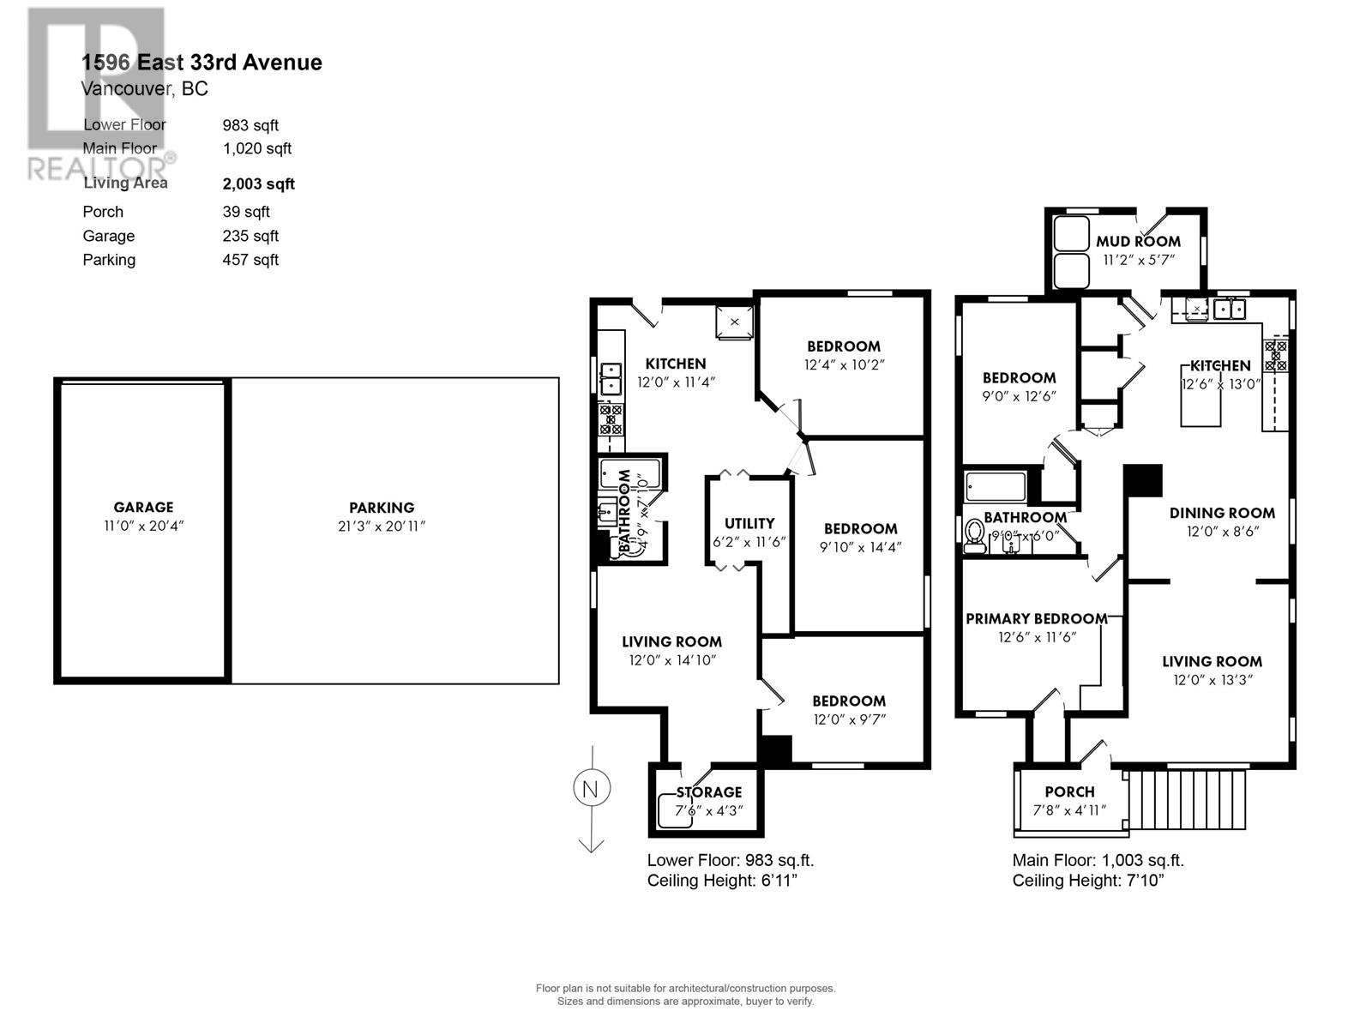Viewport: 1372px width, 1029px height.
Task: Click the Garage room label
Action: (x=143, y=507)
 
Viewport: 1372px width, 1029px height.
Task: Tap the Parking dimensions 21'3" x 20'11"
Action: (x=381, y=526)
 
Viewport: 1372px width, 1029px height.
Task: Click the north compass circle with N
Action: (x=590, y=789)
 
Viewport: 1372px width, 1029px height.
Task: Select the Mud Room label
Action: (x=1138, y=242)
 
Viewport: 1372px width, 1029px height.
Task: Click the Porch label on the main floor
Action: (x=1069, y=791)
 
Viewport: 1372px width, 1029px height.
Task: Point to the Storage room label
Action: (x=708, y=791)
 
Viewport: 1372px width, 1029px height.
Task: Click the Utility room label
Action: (x=749, y=523)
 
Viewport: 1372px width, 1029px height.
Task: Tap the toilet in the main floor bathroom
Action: (x=974, y=535)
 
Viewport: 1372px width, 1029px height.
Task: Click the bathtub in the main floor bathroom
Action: (x=995, y=487)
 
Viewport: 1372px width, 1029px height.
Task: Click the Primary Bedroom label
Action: (x=1036, y=618)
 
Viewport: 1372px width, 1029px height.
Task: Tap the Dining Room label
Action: (x=1221, y=513)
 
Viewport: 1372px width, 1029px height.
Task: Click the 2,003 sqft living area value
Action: (x=258, y=184)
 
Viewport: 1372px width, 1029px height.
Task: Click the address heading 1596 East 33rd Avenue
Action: (x=202, y=62)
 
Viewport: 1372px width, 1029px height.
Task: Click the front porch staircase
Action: (x=1187, y=799)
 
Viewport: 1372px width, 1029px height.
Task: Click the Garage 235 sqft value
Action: (x=250, y=236)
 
